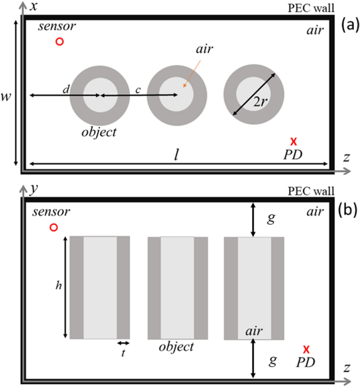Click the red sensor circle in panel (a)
pyautogui.click(x=60, y=42)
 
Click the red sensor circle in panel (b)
pyautogui.click(x=53, y=227)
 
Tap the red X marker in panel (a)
pyautogui.click(x=294, y=141)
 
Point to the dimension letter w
pyautogui.click(x=8, y=97)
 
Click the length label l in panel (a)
pyautogui.click(x=177, y=155)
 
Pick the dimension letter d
pyautogui.click(x=65, y=90)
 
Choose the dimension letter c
pyautogui.click(x=138, y=90)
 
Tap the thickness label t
pyautogui.click(x=123, y=353)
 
